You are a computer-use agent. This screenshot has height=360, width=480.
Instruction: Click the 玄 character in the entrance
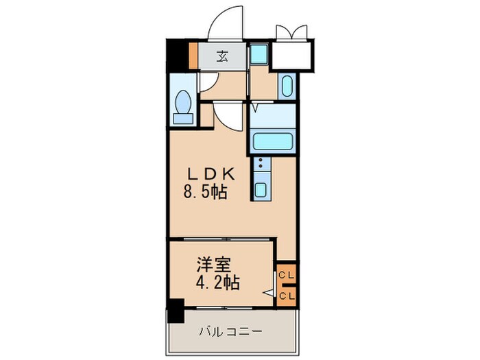(x=222, y=57)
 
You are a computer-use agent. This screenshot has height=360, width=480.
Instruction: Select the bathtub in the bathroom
(x=273, y=141)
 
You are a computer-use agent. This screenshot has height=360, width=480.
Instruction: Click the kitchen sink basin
(x=261, y=189)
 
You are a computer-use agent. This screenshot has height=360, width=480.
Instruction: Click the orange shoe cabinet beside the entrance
(x=194, y=56)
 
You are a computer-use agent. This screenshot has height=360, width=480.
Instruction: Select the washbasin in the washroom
(x=287, y=87)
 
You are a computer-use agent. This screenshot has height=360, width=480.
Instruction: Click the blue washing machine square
(x=259, y=53)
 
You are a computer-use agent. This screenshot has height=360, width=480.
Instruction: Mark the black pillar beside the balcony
(x=176, y=313)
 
